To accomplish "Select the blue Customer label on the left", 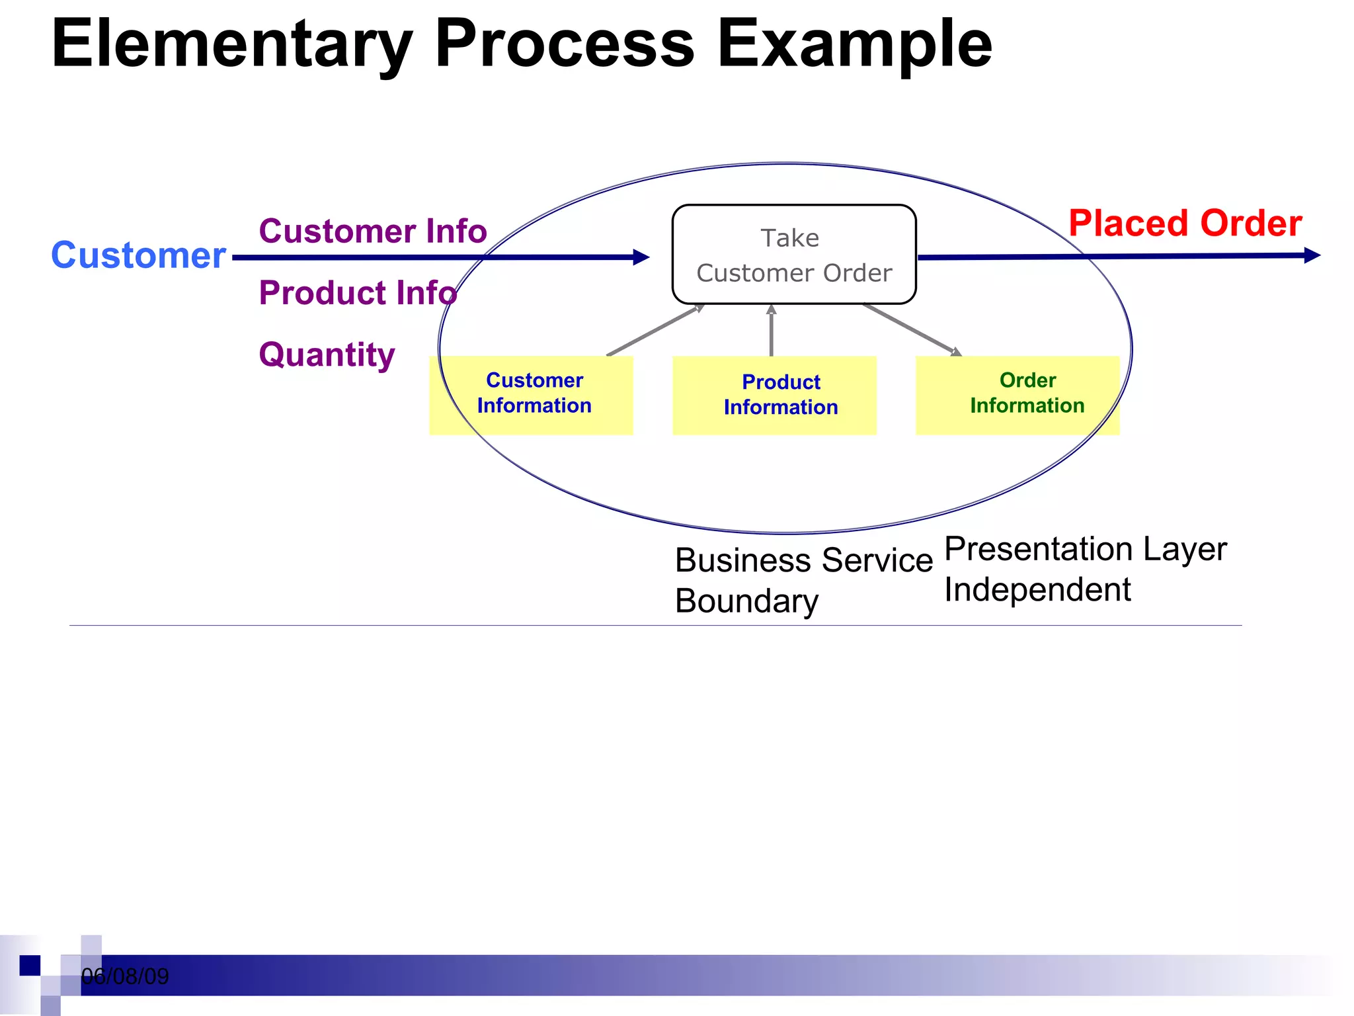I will click(x=139, y=255).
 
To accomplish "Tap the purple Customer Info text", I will click(x=373, y=232).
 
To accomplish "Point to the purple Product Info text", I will click(x=358, y=293).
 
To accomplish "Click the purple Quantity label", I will click(x=327, y=355).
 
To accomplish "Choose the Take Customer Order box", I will click(x=793, y=255).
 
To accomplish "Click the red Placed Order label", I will click(x=1185, y=224).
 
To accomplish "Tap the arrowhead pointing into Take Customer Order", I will click(x=641, y=257).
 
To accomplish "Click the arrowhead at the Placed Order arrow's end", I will click(x=1312, y=255).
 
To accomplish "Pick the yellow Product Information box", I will click(x=775, y=396).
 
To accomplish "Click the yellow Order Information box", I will click(x=1018, y=395).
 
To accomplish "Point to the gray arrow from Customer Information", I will click(x=655, y=331).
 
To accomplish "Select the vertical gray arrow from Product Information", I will click(x=771, y=331).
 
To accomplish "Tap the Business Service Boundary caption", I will click(x=803, y=580).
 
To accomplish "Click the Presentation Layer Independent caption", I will click(x=1084, y=569).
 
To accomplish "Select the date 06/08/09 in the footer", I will click(x=125, y=976).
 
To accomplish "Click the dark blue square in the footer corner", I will click(x=30, y=966).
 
